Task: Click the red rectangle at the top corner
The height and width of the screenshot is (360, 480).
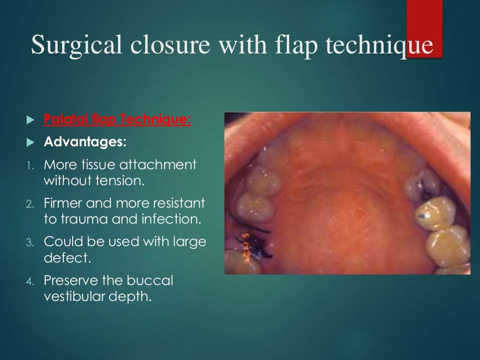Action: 424,28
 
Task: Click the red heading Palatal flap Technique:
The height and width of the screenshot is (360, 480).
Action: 117,120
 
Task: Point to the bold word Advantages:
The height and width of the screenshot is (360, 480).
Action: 85,142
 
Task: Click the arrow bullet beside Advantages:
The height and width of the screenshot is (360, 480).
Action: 31,142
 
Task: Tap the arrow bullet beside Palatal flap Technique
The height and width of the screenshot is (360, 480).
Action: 31,120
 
